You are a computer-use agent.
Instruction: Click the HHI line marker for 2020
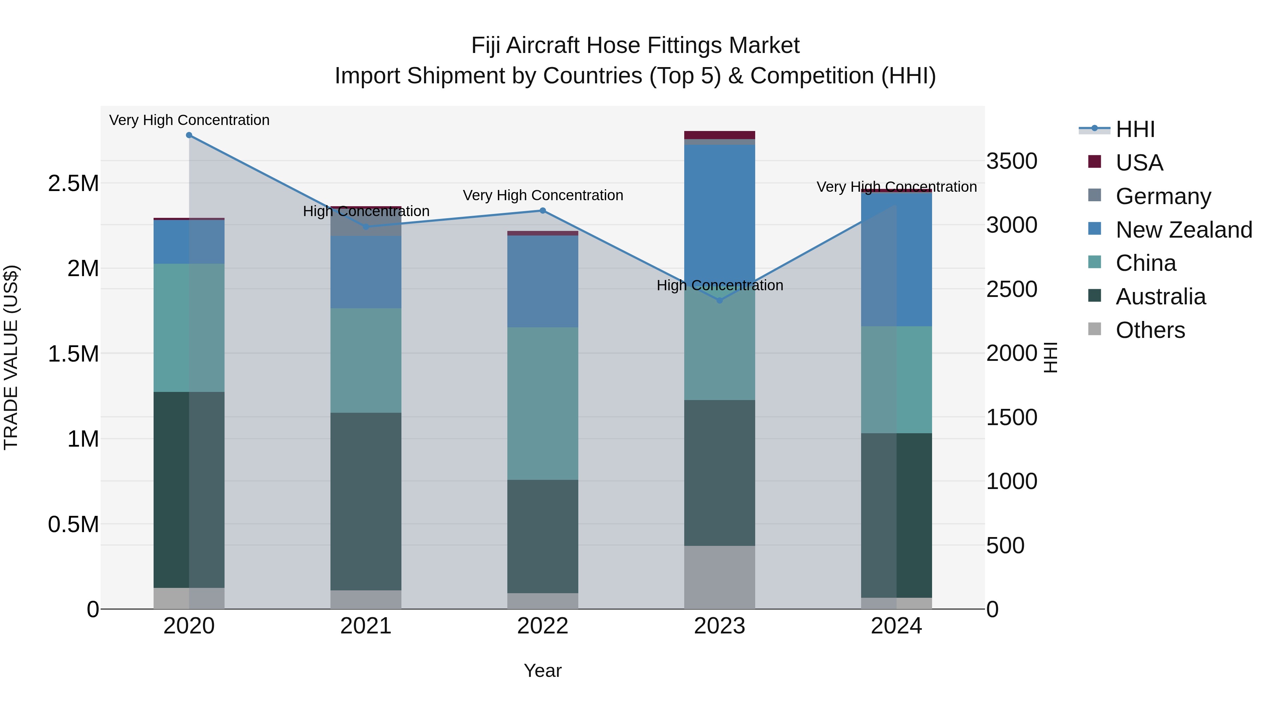pyautogui.click(x=189, y=135)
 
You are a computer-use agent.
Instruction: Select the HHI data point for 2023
pyautogui.click(x=720, y=300)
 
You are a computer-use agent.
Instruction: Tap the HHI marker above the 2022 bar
pyautogui.click(x=543, y=211)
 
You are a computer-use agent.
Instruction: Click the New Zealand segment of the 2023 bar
pyautogui.click(x=720, y=212)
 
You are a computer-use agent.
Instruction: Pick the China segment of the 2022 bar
pyautogui.click(x=543, y=403)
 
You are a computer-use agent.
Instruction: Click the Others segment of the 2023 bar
pyautogui.click(x=720, y=577)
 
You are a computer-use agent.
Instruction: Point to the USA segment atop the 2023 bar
pyautogui.click(x=720, y=135)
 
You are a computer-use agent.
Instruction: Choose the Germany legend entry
pyautogui.click(x=1163, y=196)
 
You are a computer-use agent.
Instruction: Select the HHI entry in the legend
pyautogui.click(x=1135, y=129)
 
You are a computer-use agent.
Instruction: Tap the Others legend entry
pyautogui.click(x=1150, y=330)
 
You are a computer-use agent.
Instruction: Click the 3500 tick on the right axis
pyautogui.click(x=1012, y=161)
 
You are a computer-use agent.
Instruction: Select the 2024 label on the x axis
pyautogui.click(x=896, y=626)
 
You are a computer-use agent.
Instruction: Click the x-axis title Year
pyautogui.click(x=542, y=671)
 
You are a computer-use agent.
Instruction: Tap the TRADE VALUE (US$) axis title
pyautogui.click(x=11, y=357)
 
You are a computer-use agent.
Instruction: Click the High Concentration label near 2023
pyautogui.click(x=720, y=285)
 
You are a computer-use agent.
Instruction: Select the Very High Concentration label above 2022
pyautogui.click(x=543, y=195)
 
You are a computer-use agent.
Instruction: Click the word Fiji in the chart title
pyautogui.click(x=486, y=46)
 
